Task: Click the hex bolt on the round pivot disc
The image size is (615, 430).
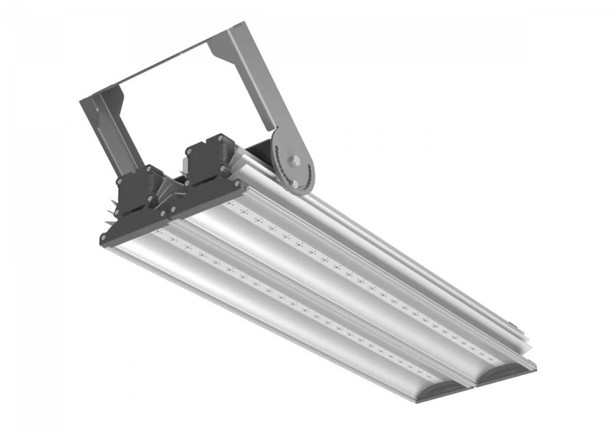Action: (x=295, y=161)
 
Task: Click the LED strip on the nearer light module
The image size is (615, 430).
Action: (x=287, y=300)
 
